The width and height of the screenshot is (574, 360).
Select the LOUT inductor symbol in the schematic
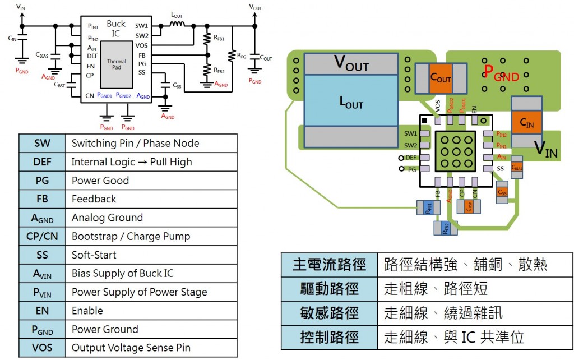tap(177, 25)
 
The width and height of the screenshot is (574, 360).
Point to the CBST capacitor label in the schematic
tap(60, 85)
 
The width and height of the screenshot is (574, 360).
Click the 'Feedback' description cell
tap(151, 199)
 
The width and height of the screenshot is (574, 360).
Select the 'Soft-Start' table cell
tap(151, 255)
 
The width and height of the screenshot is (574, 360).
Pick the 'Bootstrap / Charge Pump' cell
tap(151, 236)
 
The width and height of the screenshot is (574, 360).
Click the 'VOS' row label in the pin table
tap(42, 348)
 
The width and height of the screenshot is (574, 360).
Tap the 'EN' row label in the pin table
tap(42, 311)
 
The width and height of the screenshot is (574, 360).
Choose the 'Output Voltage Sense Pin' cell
tap(151, 348)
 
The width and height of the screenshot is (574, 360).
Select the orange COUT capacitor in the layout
tap(441, 78)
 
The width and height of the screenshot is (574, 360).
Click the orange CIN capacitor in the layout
tap(527, 124)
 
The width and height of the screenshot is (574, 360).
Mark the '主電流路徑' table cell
tap(329, 265)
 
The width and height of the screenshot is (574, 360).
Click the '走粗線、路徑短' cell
tap(436, 289)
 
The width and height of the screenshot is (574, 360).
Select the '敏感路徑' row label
tap(329, 313)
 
